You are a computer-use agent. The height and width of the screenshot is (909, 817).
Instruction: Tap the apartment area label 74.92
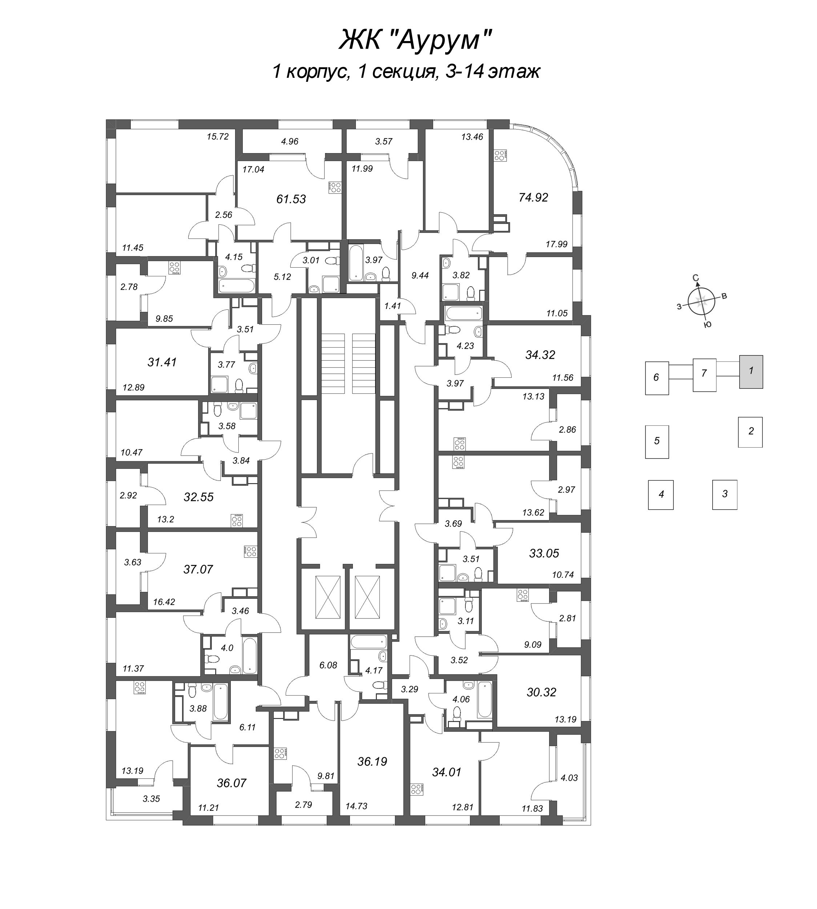[x=533, y=197]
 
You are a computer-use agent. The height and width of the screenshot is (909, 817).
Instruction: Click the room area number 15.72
[x=218, y=136]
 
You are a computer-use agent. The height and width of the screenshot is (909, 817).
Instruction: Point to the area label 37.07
[x=198, y=569]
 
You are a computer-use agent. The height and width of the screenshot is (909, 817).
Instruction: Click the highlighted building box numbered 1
[x=751, y=371]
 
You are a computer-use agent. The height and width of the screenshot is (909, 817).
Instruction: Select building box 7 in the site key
[x=704, y=373]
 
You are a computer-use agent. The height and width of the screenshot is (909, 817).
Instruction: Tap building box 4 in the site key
[x=661, y=494]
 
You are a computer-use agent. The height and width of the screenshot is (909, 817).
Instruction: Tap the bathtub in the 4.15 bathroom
[x=237, y=286]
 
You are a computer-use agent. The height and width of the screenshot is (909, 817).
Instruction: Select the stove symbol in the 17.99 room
[x=500, y=155]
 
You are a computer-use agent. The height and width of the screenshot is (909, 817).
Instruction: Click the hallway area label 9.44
[x=420, y=276]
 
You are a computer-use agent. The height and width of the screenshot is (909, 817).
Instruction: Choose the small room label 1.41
[x=393, y=306]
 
